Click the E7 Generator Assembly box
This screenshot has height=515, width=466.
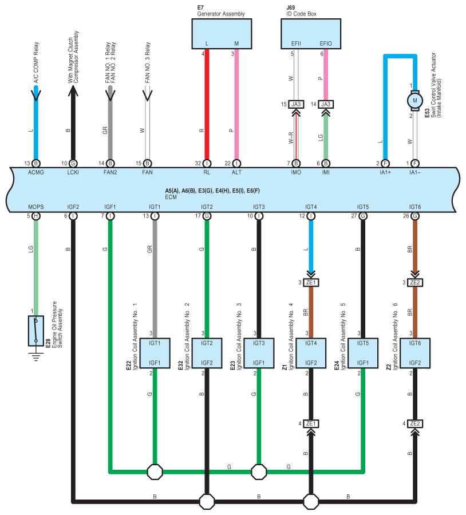point(222,34)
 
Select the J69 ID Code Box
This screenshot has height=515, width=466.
point(311,34)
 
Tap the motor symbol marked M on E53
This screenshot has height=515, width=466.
point(414,101)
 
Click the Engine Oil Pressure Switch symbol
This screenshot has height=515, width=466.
point(36,331)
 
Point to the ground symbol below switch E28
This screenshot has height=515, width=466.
point(36,356)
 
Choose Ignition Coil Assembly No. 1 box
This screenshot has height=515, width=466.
point(155,353)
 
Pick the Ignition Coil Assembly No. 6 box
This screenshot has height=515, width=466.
point(415,353)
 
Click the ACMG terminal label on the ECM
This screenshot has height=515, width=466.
point(36,172)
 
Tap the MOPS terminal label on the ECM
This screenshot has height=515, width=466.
point(36,207)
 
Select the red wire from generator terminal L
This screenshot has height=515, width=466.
point(207,105)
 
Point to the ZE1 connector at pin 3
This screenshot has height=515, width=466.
point(311,283)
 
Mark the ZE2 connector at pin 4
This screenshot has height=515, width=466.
point(415,423)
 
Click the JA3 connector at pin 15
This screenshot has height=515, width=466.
point(296,105)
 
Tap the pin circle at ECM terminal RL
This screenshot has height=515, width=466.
point(207,163)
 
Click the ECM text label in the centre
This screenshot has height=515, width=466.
point(171,197)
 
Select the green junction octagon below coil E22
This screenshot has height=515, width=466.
point(155,472)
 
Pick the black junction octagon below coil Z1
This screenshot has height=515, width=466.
point(311,501)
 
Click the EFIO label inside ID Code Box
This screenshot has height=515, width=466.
point(326,43)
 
